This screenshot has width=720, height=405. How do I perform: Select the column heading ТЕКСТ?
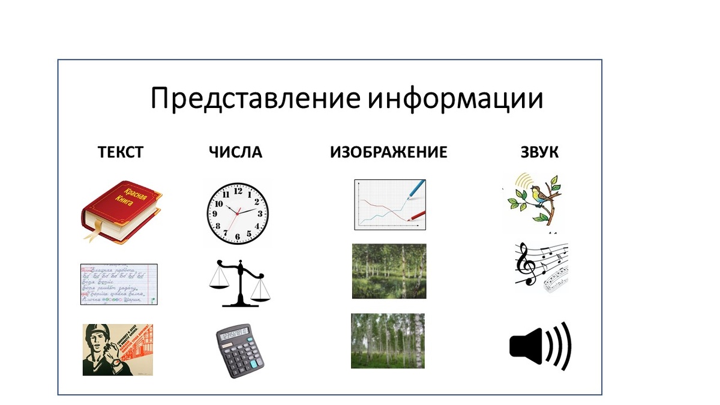[x=121, y=152]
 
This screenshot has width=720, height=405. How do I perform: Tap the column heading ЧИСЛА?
[x=236, y=152]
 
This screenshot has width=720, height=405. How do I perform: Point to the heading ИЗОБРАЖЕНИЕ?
[x=389, y=152]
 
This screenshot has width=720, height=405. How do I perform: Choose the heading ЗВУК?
[x=539, y=152]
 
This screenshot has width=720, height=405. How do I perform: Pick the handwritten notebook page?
[x=119, y=284]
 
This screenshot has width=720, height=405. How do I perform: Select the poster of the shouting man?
[x=118, y=350]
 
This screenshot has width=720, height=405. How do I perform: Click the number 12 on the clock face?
[x=238, y=191]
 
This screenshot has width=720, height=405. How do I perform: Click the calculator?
[x=239, y=351]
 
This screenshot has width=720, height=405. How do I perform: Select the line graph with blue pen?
[x=390, y=205]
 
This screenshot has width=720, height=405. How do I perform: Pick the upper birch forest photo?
[x=389, y=271]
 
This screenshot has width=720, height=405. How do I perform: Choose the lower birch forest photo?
[x=388, y=341]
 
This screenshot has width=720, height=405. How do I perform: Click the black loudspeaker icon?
[x=540, y=347]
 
